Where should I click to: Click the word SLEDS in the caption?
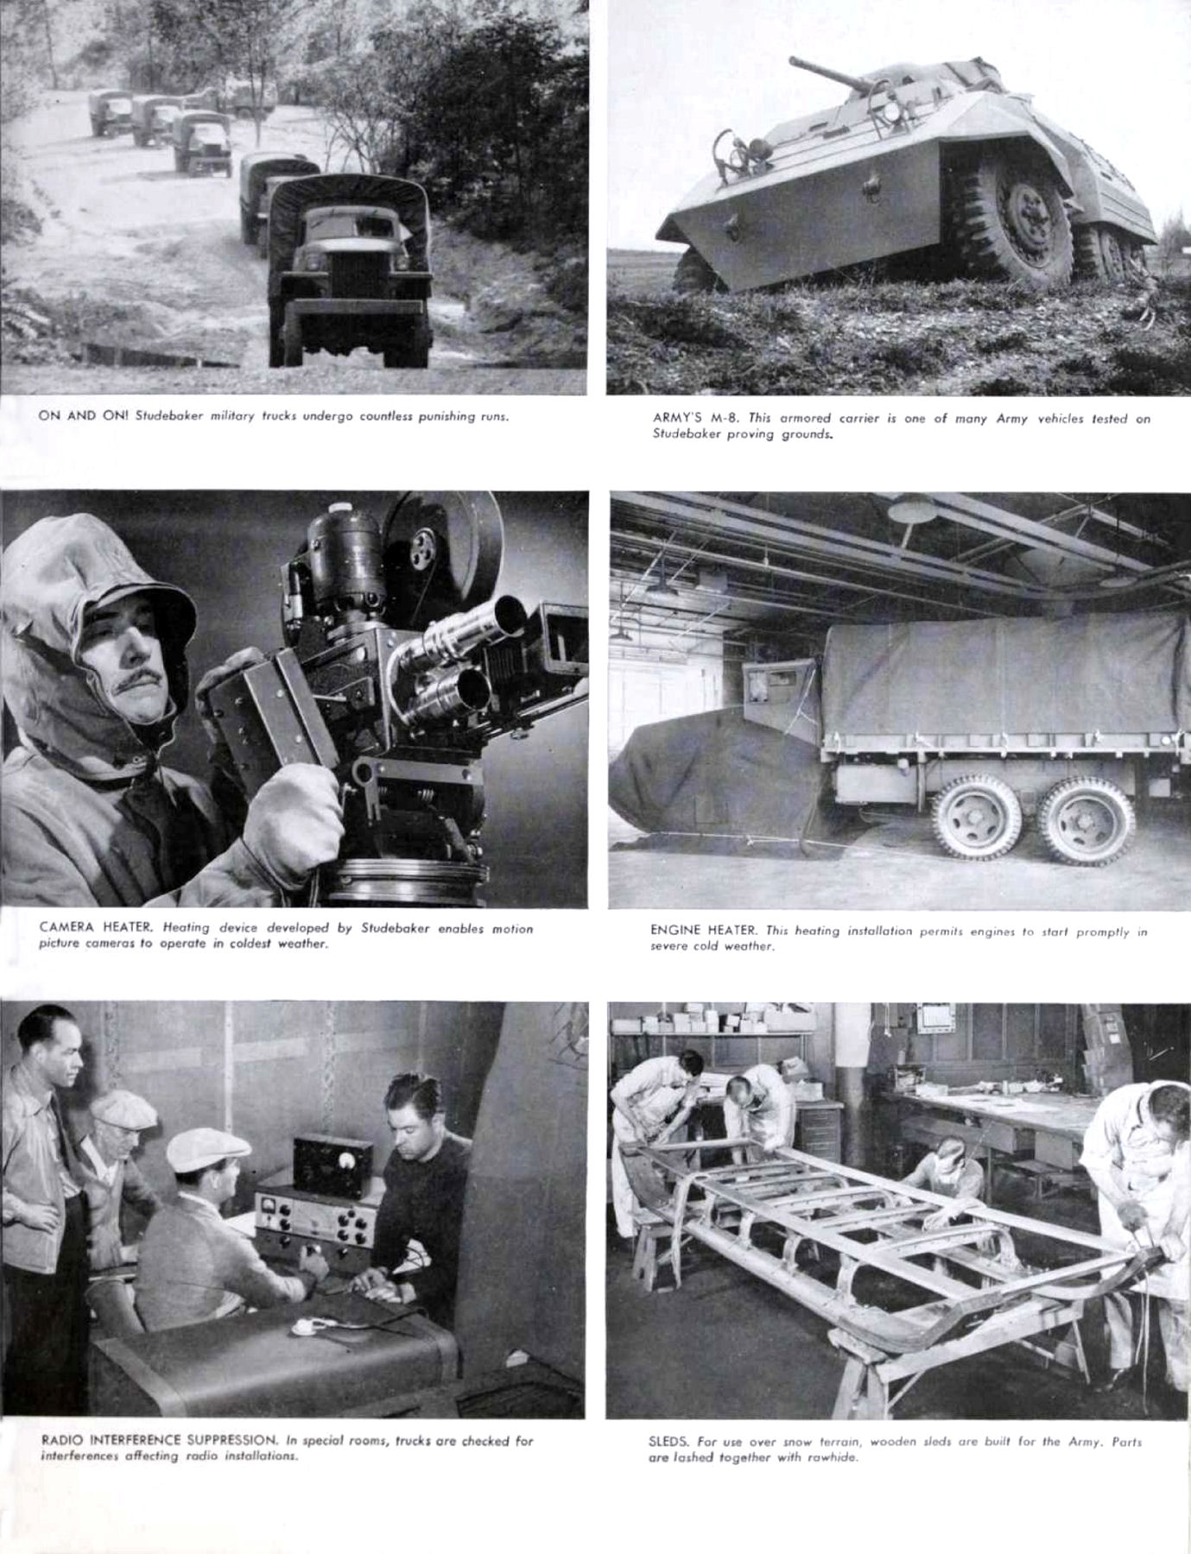[665, 1442]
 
